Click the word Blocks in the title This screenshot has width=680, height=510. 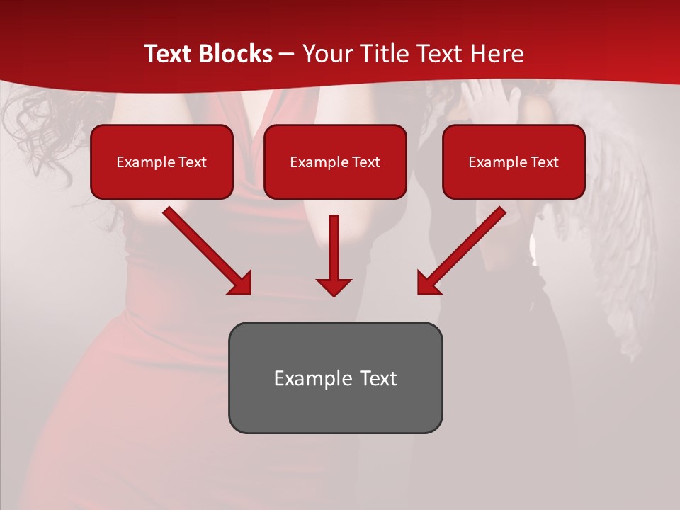(x=237, y=54)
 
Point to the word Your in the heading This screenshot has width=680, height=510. (x=325, y=54)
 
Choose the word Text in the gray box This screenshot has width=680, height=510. (x=378, y=378)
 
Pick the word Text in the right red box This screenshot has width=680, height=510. (x=544, y=162)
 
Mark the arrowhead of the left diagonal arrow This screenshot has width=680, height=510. (x=240, y=283)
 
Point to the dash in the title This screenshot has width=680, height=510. (x=288, y=54)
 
